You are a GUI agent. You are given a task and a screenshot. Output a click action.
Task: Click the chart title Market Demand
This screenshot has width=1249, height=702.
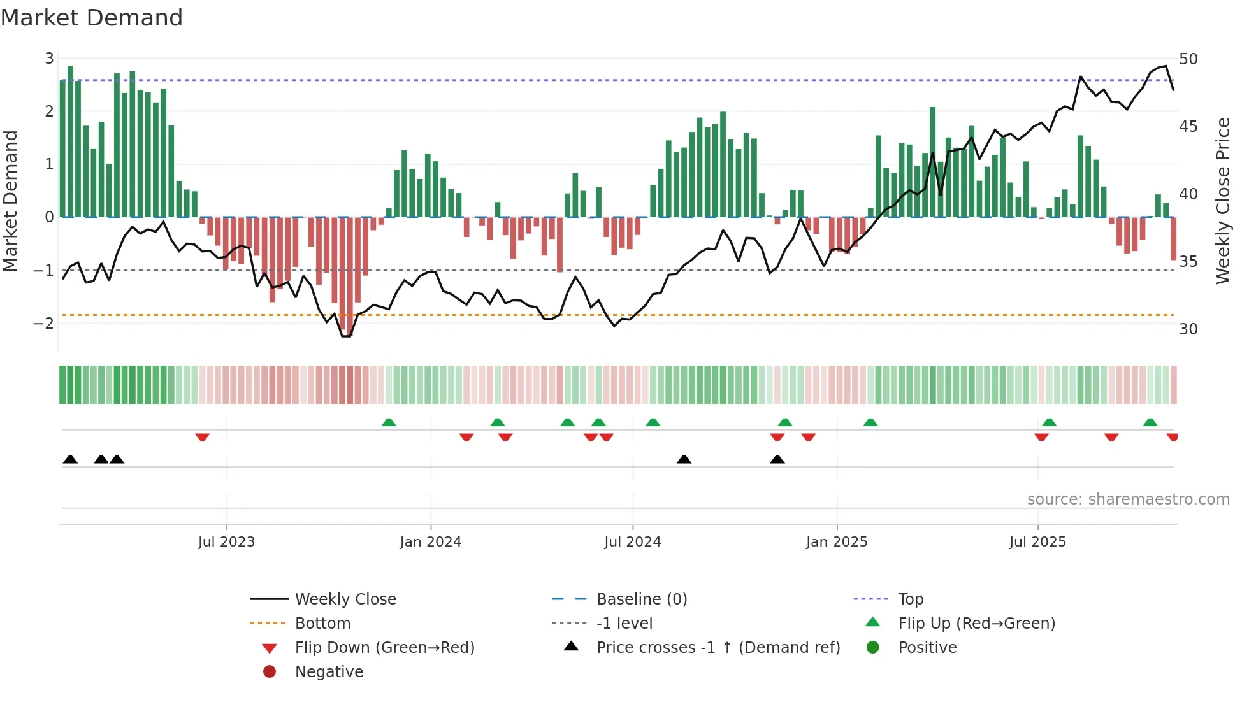(92, 17)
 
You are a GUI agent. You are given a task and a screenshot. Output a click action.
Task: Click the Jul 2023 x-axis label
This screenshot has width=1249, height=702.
(226, 542)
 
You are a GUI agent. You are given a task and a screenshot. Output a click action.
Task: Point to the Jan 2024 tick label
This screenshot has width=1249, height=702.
(430, 542)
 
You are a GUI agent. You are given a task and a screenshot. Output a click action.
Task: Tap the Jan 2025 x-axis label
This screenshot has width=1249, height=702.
(836, 542)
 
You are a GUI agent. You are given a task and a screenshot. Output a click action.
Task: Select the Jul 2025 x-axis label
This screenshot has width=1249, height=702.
(1037, 542)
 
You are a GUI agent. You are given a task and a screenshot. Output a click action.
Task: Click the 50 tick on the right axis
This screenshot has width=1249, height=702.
(1188, 59)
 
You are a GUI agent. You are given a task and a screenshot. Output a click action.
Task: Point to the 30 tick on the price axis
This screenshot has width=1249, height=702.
(1188, 329)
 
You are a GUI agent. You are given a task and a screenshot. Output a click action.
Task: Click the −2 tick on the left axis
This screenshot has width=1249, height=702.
(43, 324)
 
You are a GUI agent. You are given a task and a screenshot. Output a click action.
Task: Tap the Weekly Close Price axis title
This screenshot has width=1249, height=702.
(1222, 201)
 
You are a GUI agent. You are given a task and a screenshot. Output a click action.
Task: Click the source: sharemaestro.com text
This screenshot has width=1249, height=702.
(1128, 499)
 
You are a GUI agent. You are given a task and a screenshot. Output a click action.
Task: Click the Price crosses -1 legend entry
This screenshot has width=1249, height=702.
(718, 648)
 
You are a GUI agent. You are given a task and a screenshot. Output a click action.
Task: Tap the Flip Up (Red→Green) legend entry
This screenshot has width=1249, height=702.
(976, 624)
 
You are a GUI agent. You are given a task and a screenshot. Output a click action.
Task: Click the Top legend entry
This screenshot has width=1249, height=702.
(911, 599)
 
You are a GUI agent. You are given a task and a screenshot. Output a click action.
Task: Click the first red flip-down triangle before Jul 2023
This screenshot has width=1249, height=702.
(202, 437)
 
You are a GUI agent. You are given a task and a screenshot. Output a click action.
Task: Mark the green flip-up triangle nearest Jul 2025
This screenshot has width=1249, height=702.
(1049, 422)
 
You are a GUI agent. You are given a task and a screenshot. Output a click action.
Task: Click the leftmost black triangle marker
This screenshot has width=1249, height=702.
(70, 460)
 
